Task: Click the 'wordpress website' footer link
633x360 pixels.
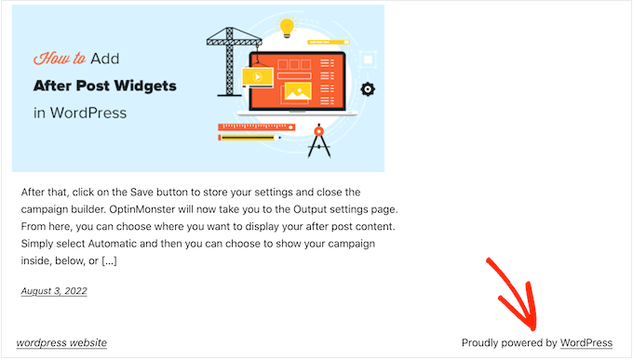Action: [61, 343]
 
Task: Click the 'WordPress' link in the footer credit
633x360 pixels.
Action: [586, 343]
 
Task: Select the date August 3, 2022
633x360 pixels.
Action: [54, 291]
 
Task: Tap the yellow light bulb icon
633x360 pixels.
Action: [287, 27]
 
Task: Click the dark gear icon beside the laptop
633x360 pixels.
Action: [368, 89]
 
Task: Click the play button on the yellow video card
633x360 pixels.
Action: [254, 77]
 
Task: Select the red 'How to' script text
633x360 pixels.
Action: [60, 59]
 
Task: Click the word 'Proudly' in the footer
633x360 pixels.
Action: [482, 343]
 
